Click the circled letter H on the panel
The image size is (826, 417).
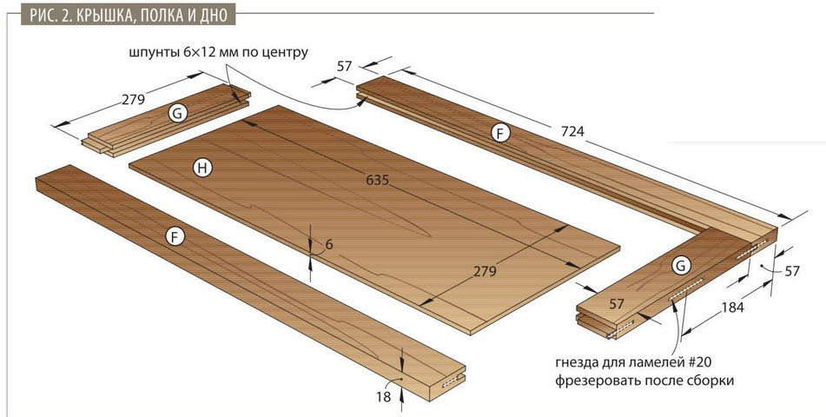202,169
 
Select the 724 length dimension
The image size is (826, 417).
572,130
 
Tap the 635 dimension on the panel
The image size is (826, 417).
377,181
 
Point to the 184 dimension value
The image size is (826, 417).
732,308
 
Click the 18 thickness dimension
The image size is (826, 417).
384,397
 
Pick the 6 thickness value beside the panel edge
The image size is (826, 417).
329,245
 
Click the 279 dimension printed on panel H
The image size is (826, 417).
485,271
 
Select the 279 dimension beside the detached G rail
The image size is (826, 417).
133,99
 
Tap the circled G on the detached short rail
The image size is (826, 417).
178,113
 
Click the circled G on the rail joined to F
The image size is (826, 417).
681,266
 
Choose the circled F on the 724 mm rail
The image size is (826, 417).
500,134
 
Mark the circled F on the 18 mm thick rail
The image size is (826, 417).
175,237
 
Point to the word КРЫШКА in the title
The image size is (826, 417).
101,16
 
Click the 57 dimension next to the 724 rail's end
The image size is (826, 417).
344,66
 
